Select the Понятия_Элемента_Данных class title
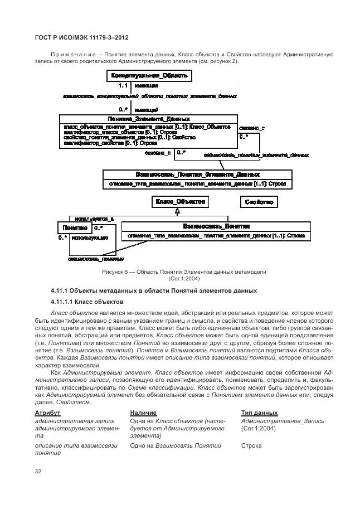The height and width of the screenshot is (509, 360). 148,119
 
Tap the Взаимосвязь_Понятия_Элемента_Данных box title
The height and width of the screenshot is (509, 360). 197,174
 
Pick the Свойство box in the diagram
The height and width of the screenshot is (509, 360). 259,202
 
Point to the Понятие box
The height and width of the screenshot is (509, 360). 74,227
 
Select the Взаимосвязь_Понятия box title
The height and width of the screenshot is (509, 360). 216,226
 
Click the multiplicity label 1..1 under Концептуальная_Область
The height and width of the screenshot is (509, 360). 123,86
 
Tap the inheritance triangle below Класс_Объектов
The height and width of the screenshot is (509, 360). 177,211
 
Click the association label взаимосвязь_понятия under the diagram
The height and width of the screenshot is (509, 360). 96,259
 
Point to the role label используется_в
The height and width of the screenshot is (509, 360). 94,219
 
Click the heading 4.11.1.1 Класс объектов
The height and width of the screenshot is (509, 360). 87,302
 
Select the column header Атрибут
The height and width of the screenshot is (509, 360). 47,412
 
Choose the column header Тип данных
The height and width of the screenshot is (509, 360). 259,412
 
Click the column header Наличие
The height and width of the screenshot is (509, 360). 143,412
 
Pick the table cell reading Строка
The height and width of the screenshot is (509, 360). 251,446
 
